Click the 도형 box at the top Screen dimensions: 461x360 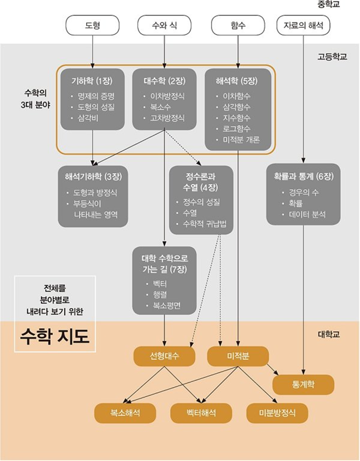(92, 26)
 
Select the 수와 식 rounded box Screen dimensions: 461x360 (164, 26)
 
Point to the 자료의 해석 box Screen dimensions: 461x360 (303, 26)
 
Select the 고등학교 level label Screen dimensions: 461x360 (332, 56)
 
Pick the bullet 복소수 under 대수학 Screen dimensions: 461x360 (162, 107)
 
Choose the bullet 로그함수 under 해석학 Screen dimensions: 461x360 (236, 129)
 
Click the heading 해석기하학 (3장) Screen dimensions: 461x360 (93, 177)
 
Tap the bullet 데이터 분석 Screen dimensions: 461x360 (307, 214)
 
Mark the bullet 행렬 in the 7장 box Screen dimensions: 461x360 (160, 295)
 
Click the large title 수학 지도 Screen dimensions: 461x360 (55, 337)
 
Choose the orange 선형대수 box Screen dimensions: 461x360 (165, 357)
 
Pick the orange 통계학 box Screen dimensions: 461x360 (303, 384)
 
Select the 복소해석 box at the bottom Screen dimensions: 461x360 (125, 413)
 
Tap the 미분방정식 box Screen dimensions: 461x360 (277, 413)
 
